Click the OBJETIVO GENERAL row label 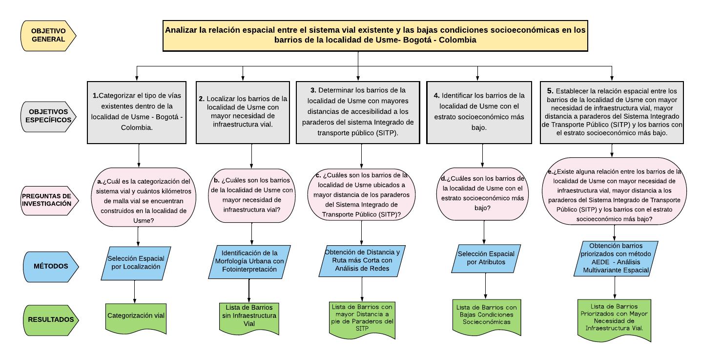48,35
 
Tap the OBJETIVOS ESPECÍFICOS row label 49,116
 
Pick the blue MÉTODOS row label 51,266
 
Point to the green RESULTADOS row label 50,320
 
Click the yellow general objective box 375,35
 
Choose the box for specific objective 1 137,112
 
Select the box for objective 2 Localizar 243,112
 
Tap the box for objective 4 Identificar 482,112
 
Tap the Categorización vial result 136,316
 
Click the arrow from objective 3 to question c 362,155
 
